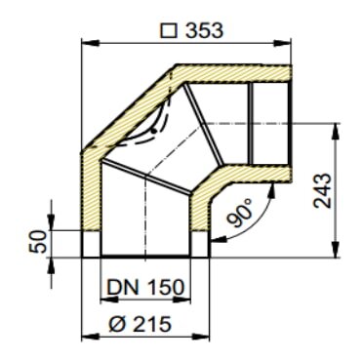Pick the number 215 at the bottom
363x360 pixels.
161,321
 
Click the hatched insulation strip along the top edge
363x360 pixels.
234,74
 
